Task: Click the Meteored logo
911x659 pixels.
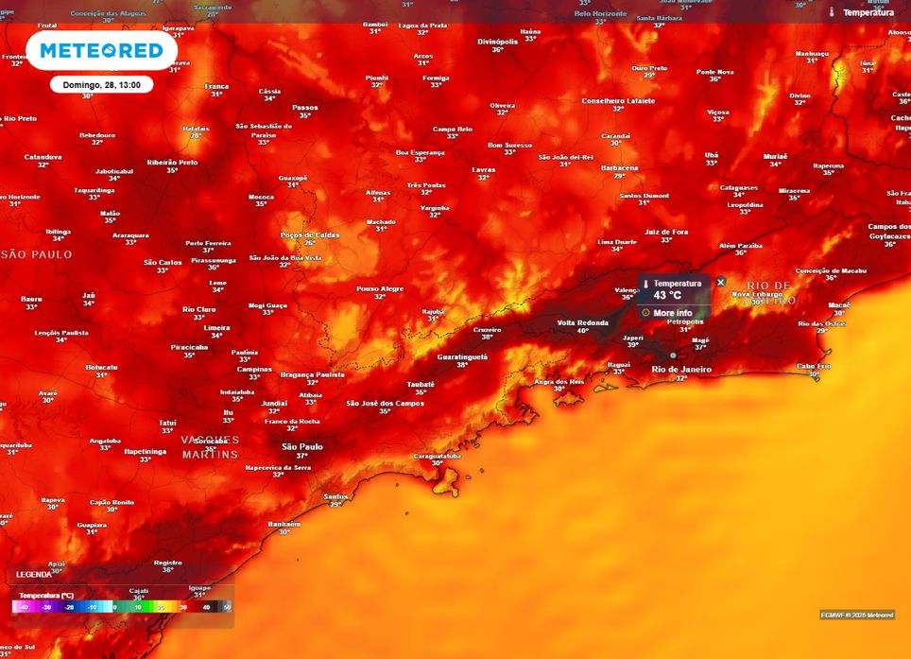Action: coord(101,51)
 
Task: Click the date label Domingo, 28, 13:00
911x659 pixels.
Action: coord(101,84)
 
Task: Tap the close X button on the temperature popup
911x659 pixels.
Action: coord(721,282)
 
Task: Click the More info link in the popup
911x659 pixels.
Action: coord(672,313)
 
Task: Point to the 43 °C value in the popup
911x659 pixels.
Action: coord(667,296)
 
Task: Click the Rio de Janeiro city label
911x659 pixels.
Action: coord(681,369)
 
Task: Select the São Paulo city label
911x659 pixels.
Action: coord(302,446)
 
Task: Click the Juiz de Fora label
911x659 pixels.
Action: coord(666,231)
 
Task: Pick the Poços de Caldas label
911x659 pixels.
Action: coord(309,234)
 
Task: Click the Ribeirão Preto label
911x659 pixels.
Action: coord(172,162)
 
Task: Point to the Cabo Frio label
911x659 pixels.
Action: coord(814,366)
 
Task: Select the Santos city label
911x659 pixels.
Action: coord(335,496)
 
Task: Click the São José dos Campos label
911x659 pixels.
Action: coord(384,403)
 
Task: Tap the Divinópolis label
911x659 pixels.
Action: coord(497,42)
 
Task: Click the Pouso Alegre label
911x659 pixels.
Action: coord(379,288)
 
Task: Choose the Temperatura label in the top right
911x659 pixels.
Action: coord(868,12)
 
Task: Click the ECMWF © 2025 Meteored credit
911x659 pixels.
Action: coord(856,615)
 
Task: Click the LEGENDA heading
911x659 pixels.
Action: coord(34,575)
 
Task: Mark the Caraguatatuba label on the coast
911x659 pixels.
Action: coord(437,456)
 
